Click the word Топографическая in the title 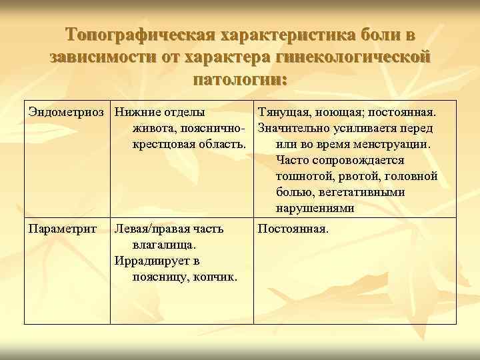point(138,35)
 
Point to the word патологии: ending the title point(240,80)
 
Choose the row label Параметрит point(62,229)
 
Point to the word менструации point(396,144)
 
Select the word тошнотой point(301,176)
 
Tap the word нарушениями point(315,208)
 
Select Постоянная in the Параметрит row point(293,229)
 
